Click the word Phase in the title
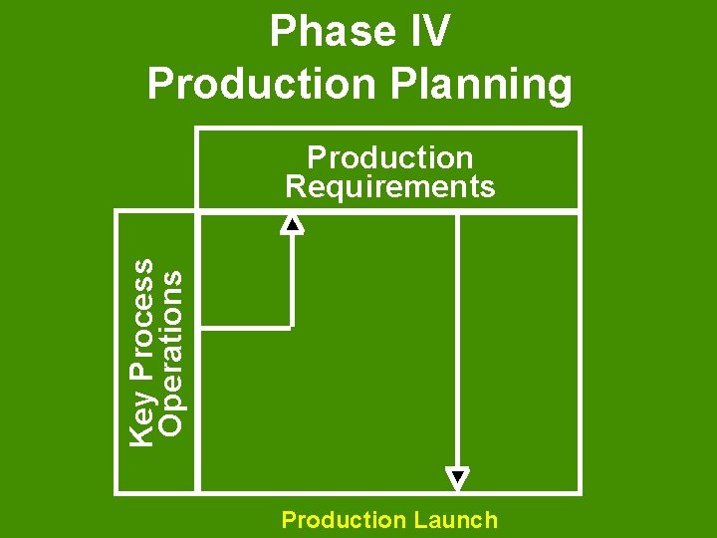(x=321, y=32)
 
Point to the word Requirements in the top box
(x=389, y=186)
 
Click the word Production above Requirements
(x=389, y=157)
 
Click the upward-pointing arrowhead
(x=293, y=223)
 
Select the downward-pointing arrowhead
(x=457, y=479)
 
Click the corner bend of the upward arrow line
(x=292, y=326)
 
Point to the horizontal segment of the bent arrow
(x=245, y=326)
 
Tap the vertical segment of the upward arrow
(x=293, y=279)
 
